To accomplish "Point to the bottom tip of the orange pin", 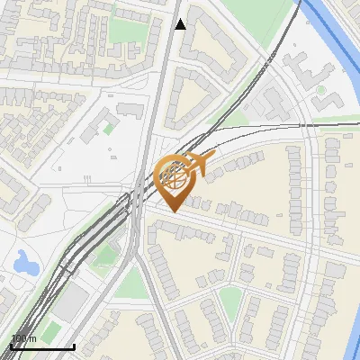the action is [x=171, y=211].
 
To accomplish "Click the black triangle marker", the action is [x=180, y=24].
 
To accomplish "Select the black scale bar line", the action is [x=42, y=346].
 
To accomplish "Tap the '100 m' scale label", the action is [x=24, y=338].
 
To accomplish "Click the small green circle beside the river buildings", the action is [x=320, y=90].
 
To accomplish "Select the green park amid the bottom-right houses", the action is [x=230, y=301].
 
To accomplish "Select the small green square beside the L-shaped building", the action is [x=109, y=129].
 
